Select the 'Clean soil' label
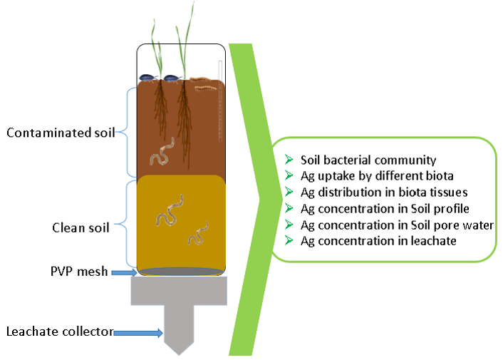tap(81, 228)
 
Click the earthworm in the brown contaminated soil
tap(162, 154)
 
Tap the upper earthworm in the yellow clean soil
tap(170, 209)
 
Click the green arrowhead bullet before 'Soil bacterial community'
tap(289, 160)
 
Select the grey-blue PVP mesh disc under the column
tap(181, 272)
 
